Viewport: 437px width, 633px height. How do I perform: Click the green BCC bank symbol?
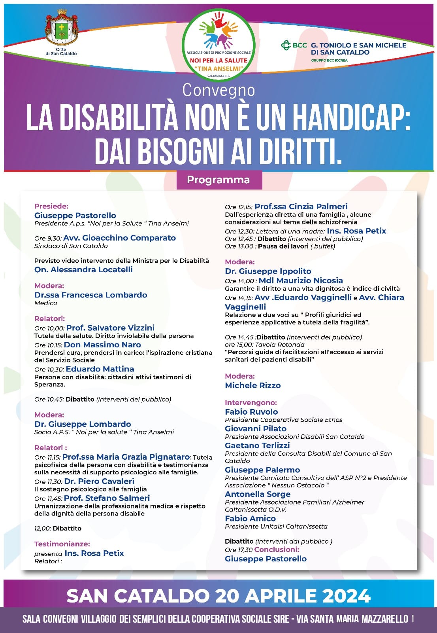point(286,45)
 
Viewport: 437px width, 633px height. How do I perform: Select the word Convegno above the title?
point(218,90)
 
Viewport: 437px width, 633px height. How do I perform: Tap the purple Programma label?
point(218,180)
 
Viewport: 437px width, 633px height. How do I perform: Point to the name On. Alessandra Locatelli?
point(83,269)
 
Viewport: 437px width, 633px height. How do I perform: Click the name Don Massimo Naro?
point(102,345)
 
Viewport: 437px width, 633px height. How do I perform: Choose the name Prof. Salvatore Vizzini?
point(110,328)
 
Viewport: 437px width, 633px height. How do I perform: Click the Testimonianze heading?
point(62,544)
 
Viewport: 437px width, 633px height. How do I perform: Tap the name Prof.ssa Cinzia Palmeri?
point(301,206)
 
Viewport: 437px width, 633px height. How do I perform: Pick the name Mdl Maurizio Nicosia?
point(301,280)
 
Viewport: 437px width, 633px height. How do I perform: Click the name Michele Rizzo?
point(253,385)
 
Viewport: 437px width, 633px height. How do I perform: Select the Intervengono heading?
point(251,403)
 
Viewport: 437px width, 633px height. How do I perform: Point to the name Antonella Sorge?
point(258,494)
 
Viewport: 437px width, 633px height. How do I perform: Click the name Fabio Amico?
point(251,518)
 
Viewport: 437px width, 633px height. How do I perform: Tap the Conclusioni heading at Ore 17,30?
point(277,550)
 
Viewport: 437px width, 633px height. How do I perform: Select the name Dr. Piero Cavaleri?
point(99,481)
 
